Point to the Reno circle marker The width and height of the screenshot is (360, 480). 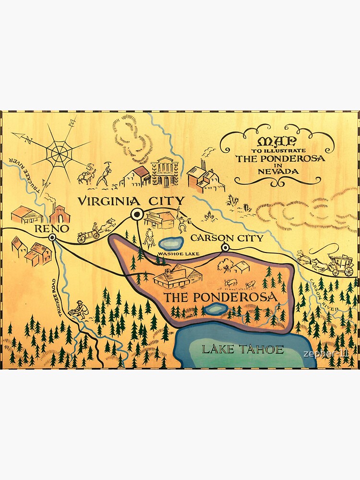pyautogui.click(x=52, y=237)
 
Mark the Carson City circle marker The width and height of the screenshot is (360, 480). pyautogui.click(x=225, y=248)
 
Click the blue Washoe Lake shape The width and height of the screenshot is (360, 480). pyautogui.click(x=170, y=244)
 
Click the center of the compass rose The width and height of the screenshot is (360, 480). pyautogui.click(x=60, y=153)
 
